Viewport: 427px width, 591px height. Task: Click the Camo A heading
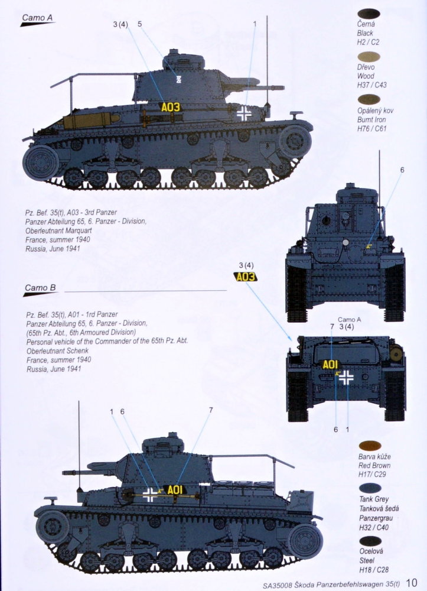pos(37,18)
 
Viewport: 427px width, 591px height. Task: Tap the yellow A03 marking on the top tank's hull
pos(171,108)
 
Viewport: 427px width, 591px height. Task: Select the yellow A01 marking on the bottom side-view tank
pos(175,489)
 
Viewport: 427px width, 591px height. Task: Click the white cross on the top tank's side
pos(244,113)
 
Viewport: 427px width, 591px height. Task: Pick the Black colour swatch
pos(369,14)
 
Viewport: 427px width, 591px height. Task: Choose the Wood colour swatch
pos(369,57)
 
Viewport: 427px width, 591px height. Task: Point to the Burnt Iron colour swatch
pos(369,99)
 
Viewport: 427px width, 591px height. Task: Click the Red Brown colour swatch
pos(370,446)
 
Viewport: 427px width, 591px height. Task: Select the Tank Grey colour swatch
pos(370,489)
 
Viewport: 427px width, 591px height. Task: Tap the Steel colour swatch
pos(370,541)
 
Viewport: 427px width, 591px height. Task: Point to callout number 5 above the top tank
pos(140,24)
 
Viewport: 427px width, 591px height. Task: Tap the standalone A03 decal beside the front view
pos(246,277)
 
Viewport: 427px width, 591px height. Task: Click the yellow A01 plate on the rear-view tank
pos(330,365)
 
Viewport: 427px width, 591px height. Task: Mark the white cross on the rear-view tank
pos(346,377)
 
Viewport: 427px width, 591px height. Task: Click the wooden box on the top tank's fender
pos(88,121)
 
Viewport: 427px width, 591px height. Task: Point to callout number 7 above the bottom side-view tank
pos(211,410)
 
